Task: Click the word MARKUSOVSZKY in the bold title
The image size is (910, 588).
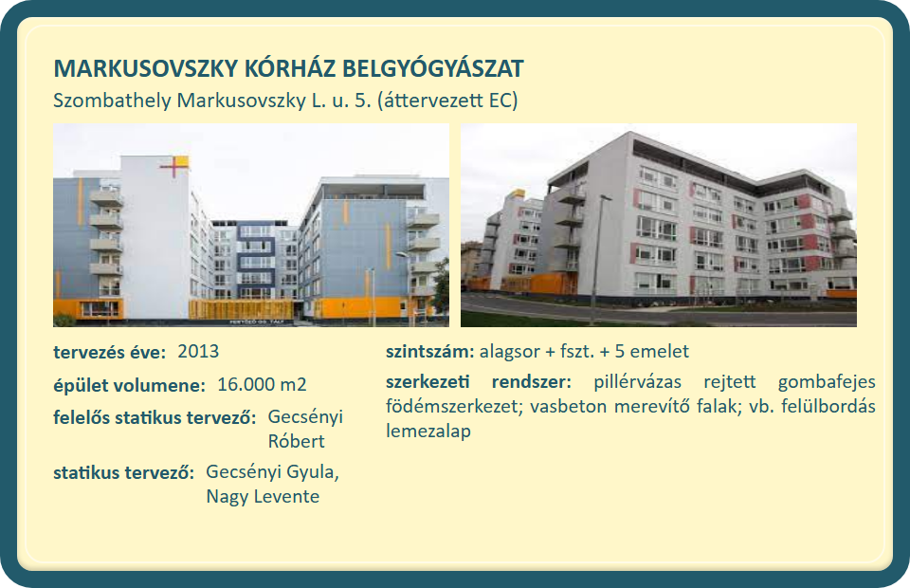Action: tap(146, 68)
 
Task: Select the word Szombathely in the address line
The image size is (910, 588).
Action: tap(112, 101)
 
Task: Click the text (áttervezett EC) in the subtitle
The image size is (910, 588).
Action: tap(447, 101)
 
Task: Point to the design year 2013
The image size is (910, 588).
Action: tap(198, 352)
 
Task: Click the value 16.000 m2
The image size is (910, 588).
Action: tap(262, 385)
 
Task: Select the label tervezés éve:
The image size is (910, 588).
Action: tap(110, 353)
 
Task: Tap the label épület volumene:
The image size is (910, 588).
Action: tap(130, 385)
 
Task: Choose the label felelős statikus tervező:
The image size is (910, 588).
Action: tap(155, 418)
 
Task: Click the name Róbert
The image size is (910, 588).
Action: tap(296, 442)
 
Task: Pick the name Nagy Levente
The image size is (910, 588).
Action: tap(263, 497)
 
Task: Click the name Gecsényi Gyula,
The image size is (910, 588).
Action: tap(273, 472)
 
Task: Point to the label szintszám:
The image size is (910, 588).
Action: tap(430, 352)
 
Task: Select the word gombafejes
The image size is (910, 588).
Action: tap(827, 382)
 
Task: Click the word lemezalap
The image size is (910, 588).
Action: tap(428, 432)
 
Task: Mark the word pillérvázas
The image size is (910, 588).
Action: tap(637, 382)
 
